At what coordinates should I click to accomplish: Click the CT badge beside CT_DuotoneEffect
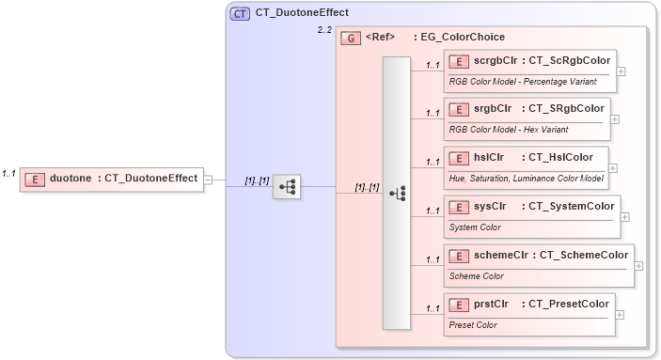[x=241, y=13]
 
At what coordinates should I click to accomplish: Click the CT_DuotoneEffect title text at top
[x=302, y=13]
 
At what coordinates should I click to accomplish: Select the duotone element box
[x=112, y=178]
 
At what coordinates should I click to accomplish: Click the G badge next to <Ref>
[x=351, y=38]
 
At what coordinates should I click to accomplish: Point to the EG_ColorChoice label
[x=459, y=38]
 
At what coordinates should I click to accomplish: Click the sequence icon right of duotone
[x=287, y=188]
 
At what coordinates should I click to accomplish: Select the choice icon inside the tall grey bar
[x=397, y=193]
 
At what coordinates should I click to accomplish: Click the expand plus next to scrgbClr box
[x=622, y=70]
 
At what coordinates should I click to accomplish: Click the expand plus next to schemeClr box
[x=639, y=265]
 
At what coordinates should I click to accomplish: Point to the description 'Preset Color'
[x=473, y=325]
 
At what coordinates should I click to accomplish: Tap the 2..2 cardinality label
[x=324, y=31]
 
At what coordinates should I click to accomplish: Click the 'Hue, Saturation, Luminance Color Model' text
[x=526, y=178]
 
